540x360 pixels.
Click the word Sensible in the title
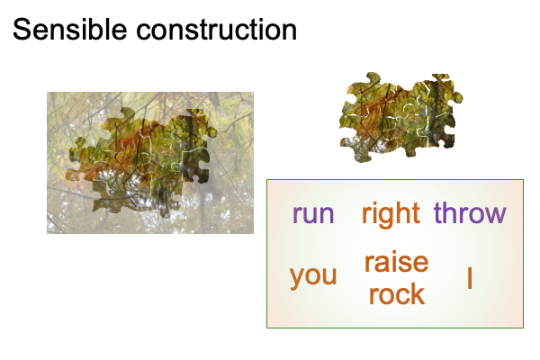(70, 30)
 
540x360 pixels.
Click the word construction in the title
(217, 30)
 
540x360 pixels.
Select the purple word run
(313, 214)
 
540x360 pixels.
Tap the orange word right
(391, 214)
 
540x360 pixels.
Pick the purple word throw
(470, 213)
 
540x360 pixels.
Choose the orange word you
(313, 277)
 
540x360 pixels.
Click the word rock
(397, 293)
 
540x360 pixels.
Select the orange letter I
(470, 278)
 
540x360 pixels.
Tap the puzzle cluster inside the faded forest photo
(143, 162)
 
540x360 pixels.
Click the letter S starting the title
(22, 30)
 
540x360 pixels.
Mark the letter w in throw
(494, 214)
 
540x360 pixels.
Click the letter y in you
(297, 279)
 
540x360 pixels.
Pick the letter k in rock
(418, 293)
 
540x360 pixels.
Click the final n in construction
(289, 31)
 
